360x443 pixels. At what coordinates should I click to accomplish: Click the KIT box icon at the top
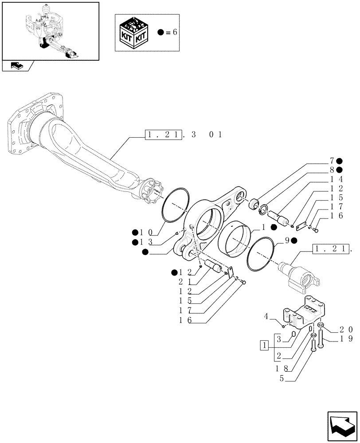pos(134,33)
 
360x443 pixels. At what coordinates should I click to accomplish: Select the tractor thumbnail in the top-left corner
pos(50,31)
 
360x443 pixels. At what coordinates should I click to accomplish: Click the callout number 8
pos(331,170)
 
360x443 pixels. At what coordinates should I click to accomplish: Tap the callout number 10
pos(146,233)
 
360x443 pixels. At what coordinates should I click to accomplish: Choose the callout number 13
pos(146,242)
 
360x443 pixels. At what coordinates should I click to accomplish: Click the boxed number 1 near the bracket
pos(264,345)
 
